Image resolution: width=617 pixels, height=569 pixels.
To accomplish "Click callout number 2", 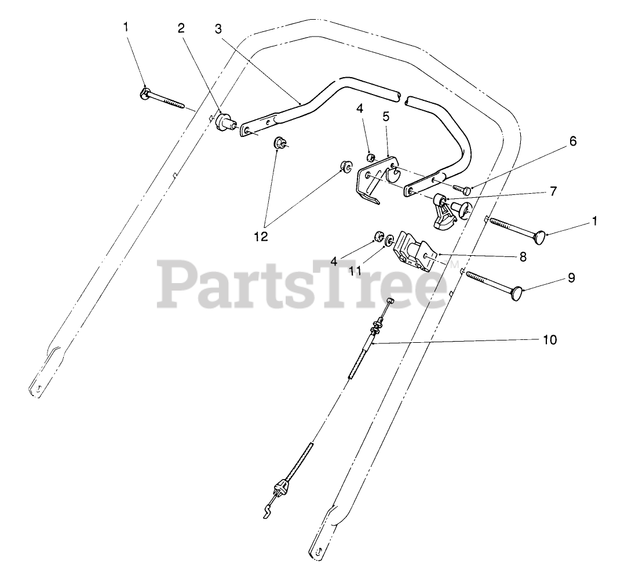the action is (x=181, y=28).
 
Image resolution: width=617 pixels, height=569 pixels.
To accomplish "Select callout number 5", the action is (x=386, y=116).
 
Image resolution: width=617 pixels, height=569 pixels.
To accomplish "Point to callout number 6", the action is (x=574, y=141).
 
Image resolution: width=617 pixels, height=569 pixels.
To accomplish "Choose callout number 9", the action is (x=571, y=278).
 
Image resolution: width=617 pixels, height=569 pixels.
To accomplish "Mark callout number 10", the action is (x=550, y=340).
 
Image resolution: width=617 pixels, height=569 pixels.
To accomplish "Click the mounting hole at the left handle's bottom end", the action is (x=36, y=389).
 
